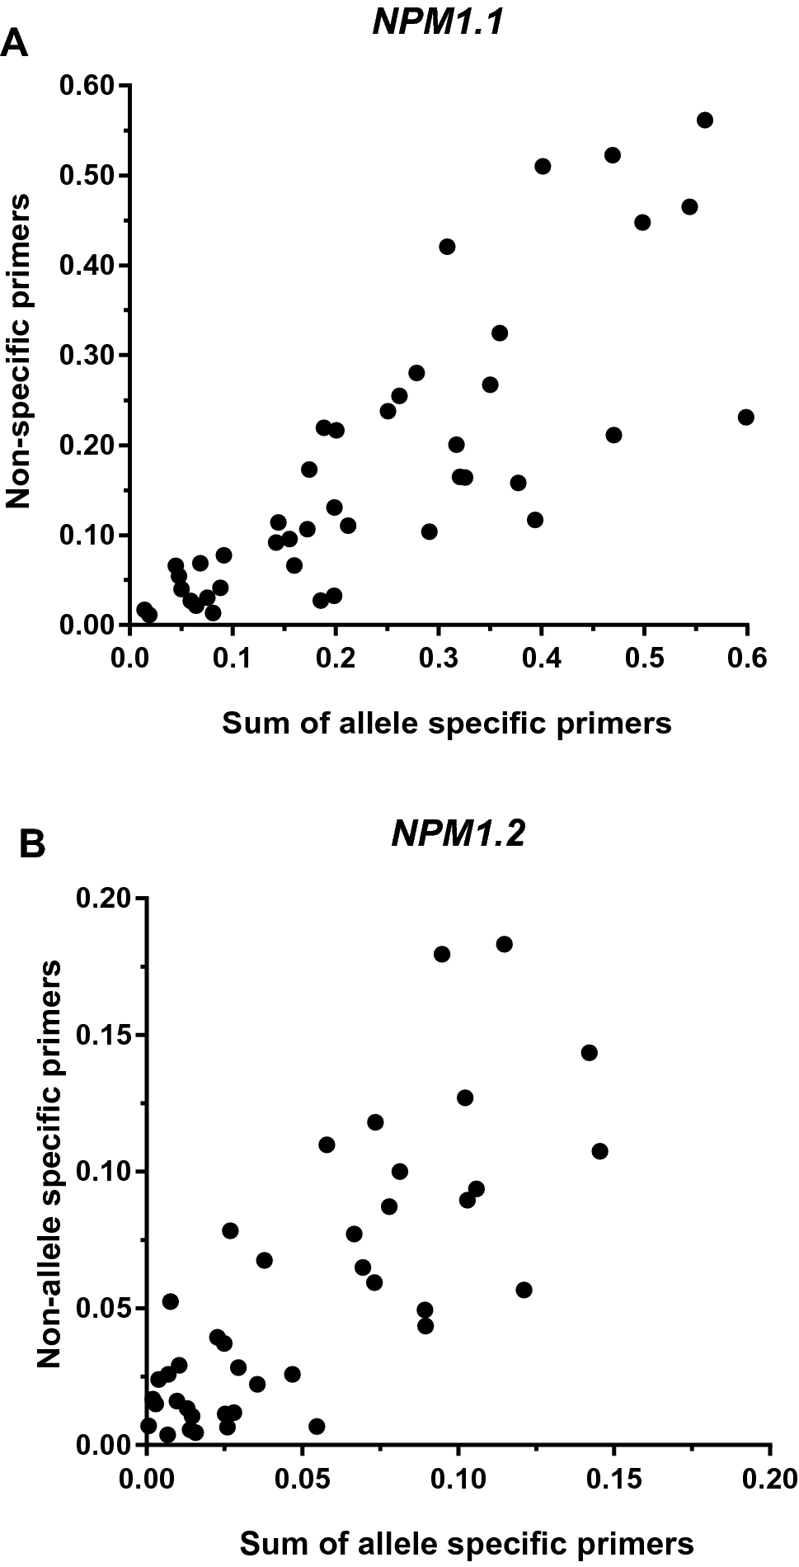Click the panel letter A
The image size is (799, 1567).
(15, 43)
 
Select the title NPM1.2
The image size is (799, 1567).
(458, 835)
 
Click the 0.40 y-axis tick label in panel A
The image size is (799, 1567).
(88, 265)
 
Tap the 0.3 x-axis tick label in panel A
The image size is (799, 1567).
(438, 658)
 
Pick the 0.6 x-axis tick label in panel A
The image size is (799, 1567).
(747, 658)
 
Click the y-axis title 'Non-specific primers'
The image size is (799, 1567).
(19, 351)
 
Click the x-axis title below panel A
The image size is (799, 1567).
(446, 723)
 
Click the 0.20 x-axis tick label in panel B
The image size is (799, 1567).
(770, 1475)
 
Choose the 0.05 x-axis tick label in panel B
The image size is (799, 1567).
(303, 1475)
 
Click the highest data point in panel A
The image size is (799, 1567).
(705, 120)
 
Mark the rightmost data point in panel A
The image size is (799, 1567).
(745, 418)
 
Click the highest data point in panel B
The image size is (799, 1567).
(505, 944)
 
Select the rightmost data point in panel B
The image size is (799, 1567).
(599, 1151)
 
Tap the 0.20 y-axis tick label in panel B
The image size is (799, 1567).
(105, 898)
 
